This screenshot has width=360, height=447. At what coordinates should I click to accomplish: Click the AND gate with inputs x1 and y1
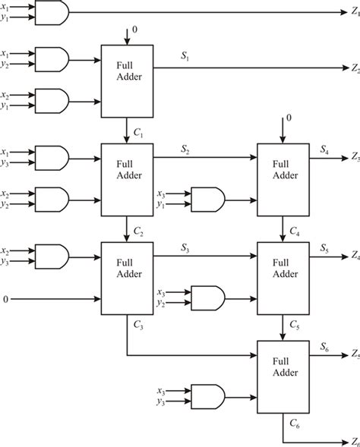[x=55, y=13]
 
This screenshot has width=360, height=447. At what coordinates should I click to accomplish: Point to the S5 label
[x=324, y=247]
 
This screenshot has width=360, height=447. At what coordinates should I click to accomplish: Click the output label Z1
[x=355, y=13]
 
